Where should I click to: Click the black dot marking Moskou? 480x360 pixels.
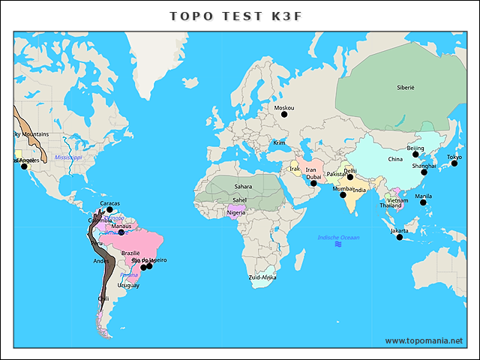(x=284, y=114)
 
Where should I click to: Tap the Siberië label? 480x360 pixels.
(x=405, y=88)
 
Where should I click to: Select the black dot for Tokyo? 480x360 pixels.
(x=454, y=163)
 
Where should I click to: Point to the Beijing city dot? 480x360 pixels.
(x=415, y=154)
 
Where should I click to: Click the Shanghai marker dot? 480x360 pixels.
(x=424, y=172)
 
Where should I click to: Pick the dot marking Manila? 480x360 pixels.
(x=423, y=202)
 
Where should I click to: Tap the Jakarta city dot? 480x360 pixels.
(x=400, y=237)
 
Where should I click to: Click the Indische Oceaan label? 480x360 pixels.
(x=338, y=238)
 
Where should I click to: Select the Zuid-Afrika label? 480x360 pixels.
(x=262, y=277)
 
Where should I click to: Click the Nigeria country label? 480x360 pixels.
(x=235, y=213)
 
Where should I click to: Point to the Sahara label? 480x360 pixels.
(x=243, y=187)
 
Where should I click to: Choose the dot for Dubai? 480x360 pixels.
(x=313, y=184)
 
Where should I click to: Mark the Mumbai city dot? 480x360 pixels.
(x=343, y=195)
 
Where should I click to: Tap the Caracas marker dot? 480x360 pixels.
(x=109, y=210)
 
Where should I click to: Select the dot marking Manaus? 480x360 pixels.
(x=121, y=232)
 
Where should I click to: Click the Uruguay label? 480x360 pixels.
(x=128, y=285)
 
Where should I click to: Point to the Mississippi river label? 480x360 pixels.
(x=67, y=157)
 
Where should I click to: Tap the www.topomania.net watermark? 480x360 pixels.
(x=424, y=341)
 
